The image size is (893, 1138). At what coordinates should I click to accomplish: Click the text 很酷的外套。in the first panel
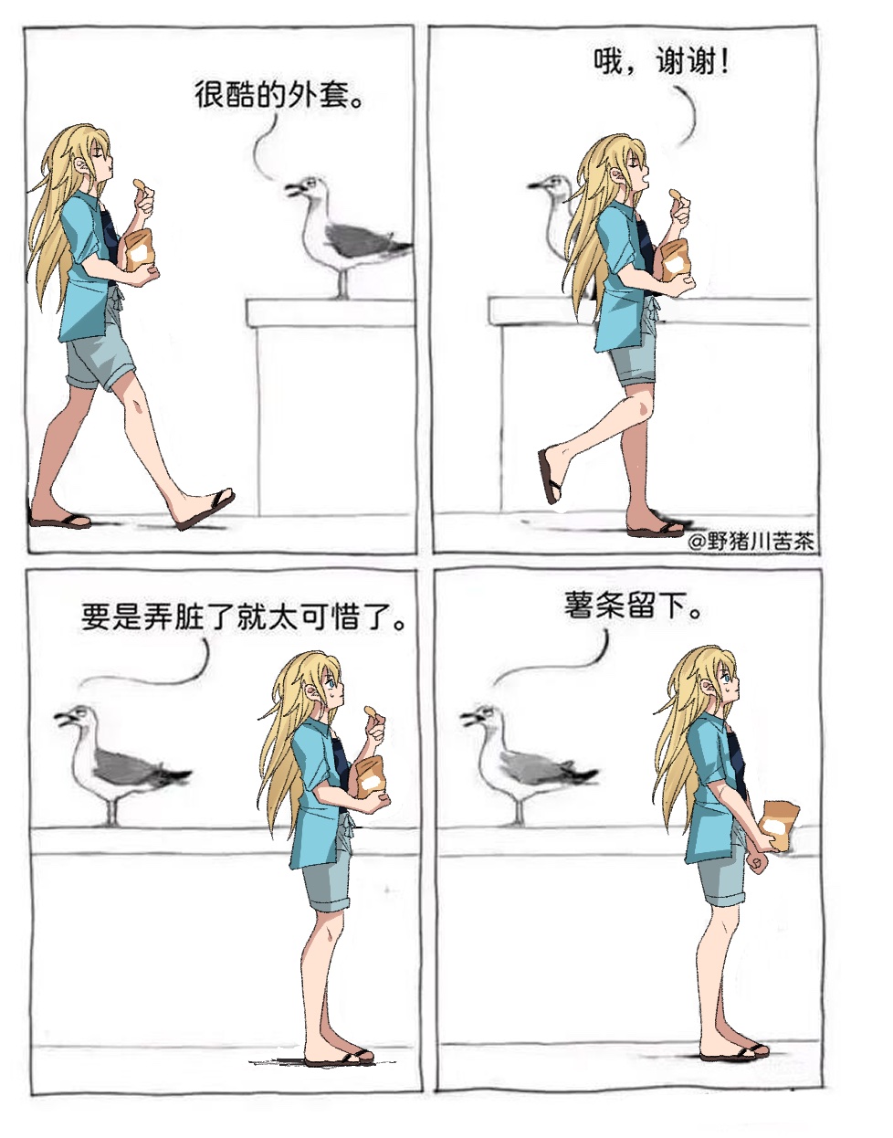[x=278, y=95]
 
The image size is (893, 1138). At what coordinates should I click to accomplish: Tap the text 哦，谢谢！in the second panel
[x=661, y=63]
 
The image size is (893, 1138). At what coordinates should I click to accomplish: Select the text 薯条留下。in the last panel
[x=633, y=607]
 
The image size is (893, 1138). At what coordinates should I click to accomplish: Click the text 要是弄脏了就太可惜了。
[x=244, y=617]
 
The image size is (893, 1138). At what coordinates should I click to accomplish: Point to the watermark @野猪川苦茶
[x=751, y=542]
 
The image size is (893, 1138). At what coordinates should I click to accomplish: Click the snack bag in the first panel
[x=140, y=250]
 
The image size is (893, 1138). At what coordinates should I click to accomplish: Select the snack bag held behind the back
[x=780, y=826]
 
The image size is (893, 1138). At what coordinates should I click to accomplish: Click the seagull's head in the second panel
[x=552, y=187]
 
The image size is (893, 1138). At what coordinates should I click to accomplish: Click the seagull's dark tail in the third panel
[x=175, y=774]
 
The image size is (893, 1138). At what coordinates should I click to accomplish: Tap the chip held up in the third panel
[x=371, y=711]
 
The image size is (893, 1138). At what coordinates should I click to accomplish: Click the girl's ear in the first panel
[x=83, y=166]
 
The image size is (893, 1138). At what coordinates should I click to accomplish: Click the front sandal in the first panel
[x=205, y=509]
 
